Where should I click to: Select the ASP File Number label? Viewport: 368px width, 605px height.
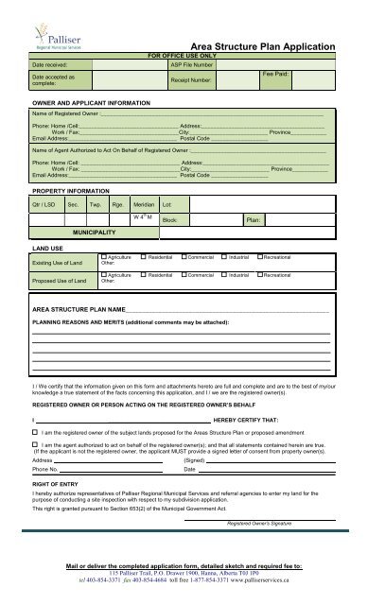point(196,64)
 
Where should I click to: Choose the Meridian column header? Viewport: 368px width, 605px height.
point(144,203)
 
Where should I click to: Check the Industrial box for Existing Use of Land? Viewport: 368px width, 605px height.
point(222,256)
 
